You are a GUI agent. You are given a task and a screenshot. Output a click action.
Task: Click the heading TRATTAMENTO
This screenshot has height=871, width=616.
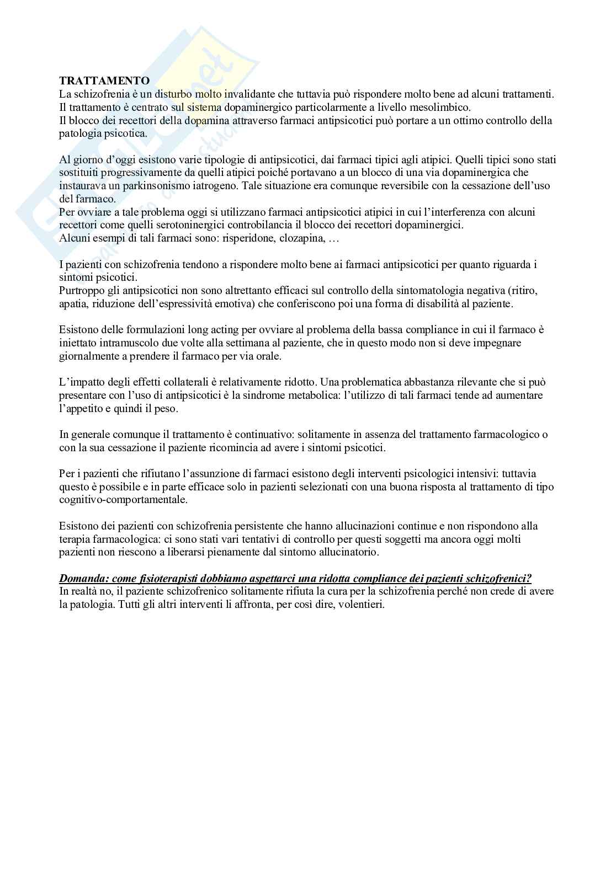(x=104, y=81)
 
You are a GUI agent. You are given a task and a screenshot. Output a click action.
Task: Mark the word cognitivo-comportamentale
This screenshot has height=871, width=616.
(x=123, y=500)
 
